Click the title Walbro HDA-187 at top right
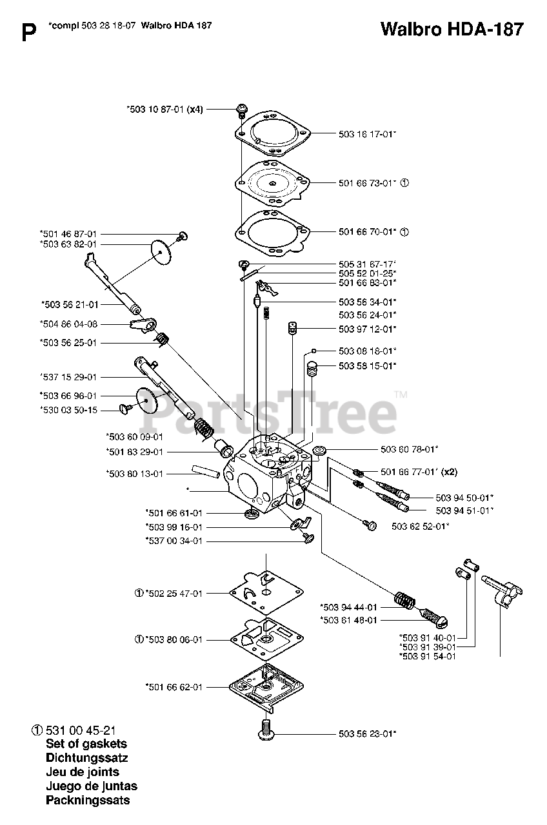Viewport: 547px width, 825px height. pyautogui.click(x=451, y=30)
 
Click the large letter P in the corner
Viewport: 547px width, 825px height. pyautogui.click(x=28, y=33)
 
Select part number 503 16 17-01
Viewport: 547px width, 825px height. pyautogui.click(x=367, y=134)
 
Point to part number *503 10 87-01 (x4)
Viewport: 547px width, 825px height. pyautogui.click(x=164, y=110)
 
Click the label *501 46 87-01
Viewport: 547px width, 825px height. pyautogui.click(x=68, y=234)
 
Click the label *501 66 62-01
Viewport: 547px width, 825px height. pyautogui.click(x=174, y=687)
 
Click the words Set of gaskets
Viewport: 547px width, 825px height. pyautogui.click(x=86, y=743)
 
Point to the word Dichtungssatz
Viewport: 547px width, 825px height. pyautogui.click(x=87, y=757)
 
